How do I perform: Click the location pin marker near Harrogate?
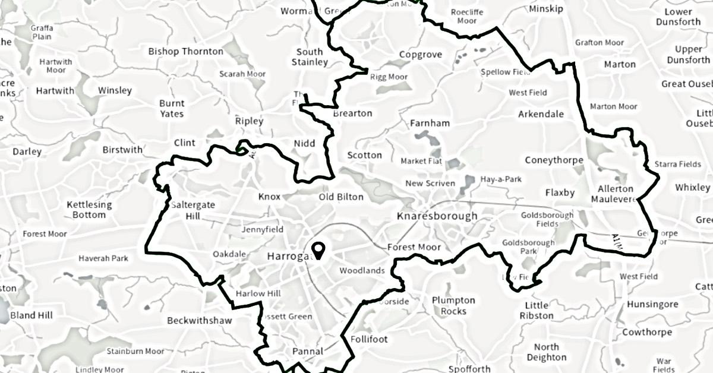pos(318,251)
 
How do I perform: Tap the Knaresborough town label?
pos(437,216)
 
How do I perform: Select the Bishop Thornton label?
pos(185,52)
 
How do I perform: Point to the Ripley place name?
pos(249,121)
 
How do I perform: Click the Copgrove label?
pos(420,55)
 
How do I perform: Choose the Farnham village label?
pos(430,124)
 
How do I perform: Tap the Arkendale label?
pos(541,113)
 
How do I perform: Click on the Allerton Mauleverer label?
pos(616,194)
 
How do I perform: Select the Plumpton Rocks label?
pos(453,306)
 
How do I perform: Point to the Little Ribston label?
pos(536,311)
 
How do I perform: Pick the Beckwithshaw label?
pos(199,321)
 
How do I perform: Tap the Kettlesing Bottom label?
pos(89,210)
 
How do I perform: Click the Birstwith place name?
pos(122,150)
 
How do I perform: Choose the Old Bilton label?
pos(341,197)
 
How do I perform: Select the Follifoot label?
pos(369,339)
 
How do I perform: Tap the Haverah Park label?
pos(103,258)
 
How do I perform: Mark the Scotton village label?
pos(364,155)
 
